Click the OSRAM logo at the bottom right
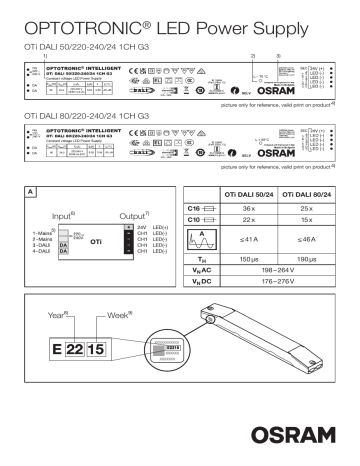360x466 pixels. point(304,439)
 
